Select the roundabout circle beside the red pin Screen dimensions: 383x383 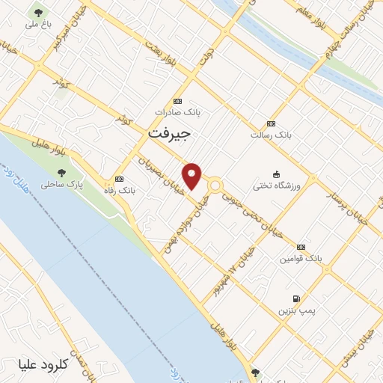pos(215,185)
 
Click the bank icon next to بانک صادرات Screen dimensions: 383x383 pos(177,101)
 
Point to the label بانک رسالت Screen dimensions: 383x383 pos(271,135)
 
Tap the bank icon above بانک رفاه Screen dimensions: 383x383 pos(119,179)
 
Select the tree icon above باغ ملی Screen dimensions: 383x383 pos(37,13)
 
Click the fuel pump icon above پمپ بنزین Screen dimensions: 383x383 pos(297,298)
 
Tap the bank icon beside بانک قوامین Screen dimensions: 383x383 pos(301,247)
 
